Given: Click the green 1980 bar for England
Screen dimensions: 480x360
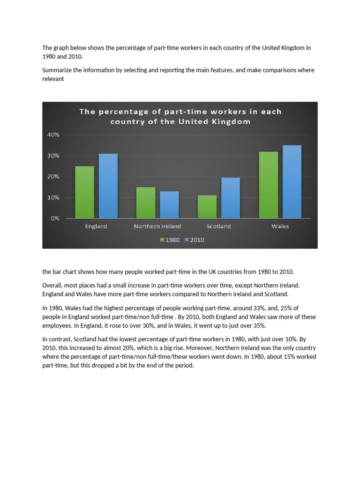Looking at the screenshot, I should click(84, 192).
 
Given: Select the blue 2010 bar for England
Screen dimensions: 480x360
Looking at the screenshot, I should click(108, 186).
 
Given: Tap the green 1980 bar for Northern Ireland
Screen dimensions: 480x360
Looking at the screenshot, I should click(145, 202).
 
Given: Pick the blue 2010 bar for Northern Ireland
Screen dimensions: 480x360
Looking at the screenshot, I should click(169, 205).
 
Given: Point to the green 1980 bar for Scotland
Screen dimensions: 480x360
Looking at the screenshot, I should click(207, 207).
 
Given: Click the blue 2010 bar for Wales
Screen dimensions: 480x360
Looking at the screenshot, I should click(292, 181).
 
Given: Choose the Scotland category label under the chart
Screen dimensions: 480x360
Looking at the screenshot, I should click(218, 226).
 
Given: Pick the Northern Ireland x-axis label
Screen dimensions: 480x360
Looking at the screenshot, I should click(157, 226).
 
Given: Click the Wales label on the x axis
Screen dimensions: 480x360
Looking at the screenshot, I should click(280, 226).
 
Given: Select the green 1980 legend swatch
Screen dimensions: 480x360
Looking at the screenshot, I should click(162, 240).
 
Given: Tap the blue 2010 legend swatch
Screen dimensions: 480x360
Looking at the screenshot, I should click(186, 240).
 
